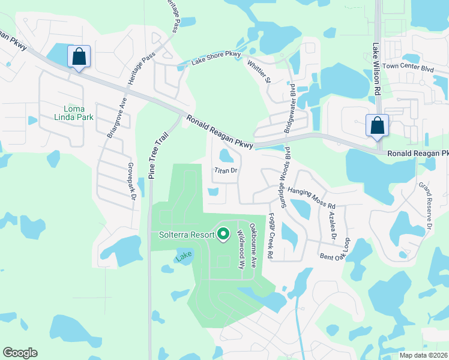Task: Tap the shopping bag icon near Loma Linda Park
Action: (x=79, y=58)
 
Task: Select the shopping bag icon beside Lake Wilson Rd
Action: (x=377, y=126)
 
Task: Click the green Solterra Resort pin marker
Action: (x=223, y=233)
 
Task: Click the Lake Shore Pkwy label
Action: (x=215, y=58)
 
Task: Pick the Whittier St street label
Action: (x=265, y=71)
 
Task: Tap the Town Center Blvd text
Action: (x=408, y=68)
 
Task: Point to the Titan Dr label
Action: (x=227, y=170)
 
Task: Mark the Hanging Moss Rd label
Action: (x=311, y=198)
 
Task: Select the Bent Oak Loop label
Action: (x=334, y=248)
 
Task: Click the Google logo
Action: (x=20, y=353)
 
